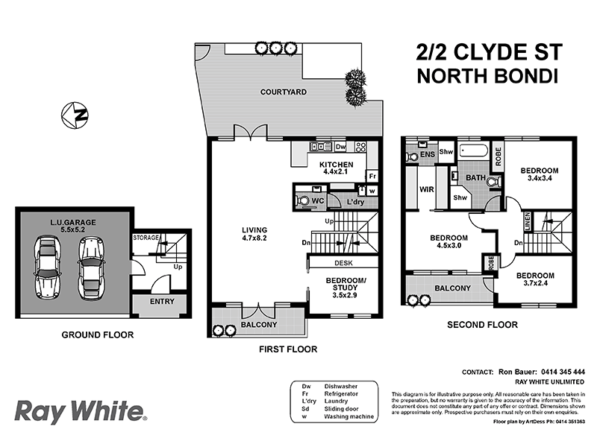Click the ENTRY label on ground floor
point(162,302)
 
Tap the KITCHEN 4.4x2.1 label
point(335,168)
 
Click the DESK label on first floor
point(343,262)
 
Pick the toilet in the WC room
point(303,200)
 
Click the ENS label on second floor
point(427,155)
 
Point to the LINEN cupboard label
point(527,221)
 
